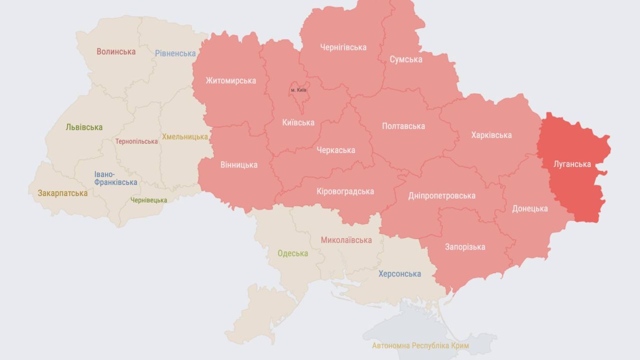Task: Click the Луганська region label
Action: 572,164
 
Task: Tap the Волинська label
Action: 116,51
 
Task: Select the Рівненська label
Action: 175,53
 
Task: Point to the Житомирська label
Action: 230,80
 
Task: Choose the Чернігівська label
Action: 343,47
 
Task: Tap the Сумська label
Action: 406,59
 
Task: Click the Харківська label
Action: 491,135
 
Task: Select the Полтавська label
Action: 403,126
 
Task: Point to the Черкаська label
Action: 335,150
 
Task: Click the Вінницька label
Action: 238,164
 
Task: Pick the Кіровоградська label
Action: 345,191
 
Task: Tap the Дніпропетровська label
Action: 441,195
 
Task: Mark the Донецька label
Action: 529,208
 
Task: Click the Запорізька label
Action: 465,247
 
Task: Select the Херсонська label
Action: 399,273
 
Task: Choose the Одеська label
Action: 292,253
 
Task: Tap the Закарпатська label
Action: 62,193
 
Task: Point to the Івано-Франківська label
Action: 115,178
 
